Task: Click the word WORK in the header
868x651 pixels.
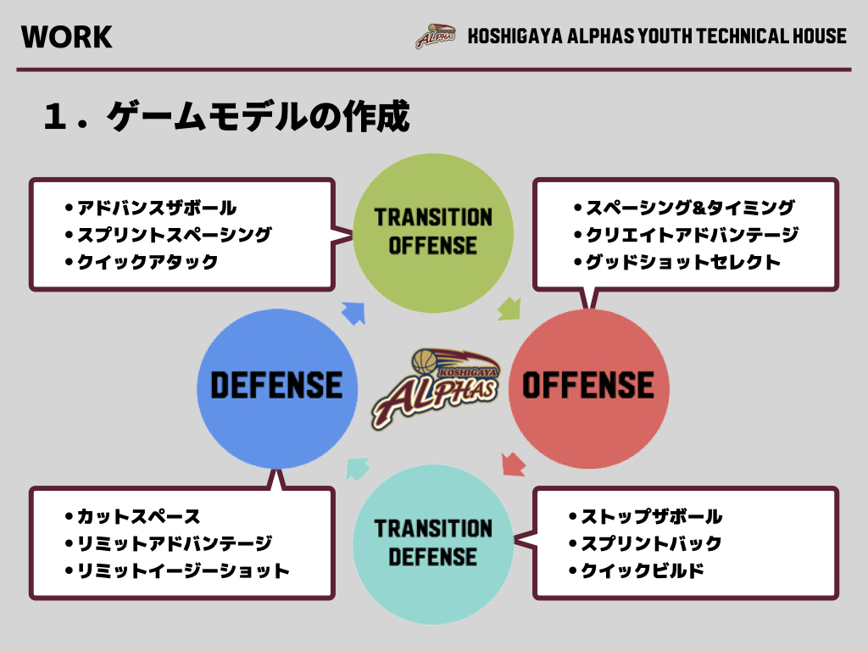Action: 66,37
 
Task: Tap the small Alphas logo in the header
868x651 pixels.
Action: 435,36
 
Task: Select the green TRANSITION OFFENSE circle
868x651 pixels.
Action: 433,233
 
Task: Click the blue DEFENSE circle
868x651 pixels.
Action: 277,388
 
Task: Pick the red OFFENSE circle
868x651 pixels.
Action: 589,388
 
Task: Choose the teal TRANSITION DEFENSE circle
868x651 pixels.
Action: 433,544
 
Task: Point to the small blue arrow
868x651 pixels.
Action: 353,314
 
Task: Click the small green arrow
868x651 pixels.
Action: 509,309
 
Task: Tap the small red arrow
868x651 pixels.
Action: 514,464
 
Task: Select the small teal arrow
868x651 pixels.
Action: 358,469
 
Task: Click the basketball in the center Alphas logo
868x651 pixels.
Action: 425,361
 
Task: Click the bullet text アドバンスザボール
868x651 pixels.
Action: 157,208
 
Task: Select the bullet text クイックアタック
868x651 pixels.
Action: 147,262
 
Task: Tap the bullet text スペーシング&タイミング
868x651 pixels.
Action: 690,208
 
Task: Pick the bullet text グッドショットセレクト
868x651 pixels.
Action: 683,262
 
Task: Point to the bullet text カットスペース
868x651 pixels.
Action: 138,516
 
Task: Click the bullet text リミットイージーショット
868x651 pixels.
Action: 183,570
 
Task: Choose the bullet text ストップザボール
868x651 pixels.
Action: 652,516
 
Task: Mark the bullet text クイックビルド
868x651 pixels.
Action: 643,570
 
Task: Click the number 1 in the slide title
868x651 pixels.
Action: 54,116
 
